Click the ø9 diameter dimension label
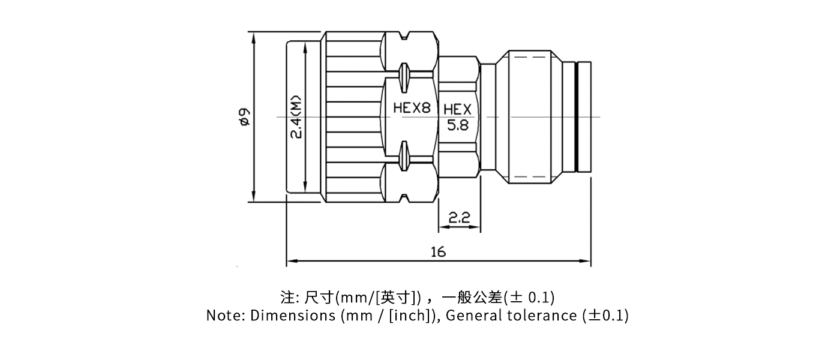(244, 116)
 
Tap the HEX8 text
(412, 109)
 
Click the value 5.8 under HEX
(459, 125)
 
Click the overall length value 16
(438, 252)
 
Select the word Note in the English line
(221, 315)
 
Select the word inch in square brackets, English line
(409, 315)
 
